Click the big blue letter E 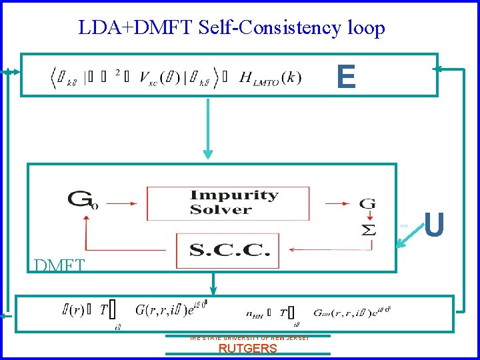(x=346, y=77)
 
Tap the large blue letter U (x=434, y=225)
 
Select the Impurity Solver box (x=228, y=203)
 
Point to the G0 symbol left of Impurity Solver (x=83, y=199)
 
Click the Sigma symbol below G (x=367, y=229)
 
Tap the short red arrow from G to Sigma (x=367, y=216)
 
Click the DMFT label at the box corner (x=59, y=265)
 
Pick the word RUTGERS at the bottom (x=247, y=348)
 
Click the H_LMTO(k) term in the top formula (x=267, y=77)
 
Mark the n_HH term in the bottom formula (x=255, y=311)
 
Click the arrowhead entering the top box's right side (x=439, y=68)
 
